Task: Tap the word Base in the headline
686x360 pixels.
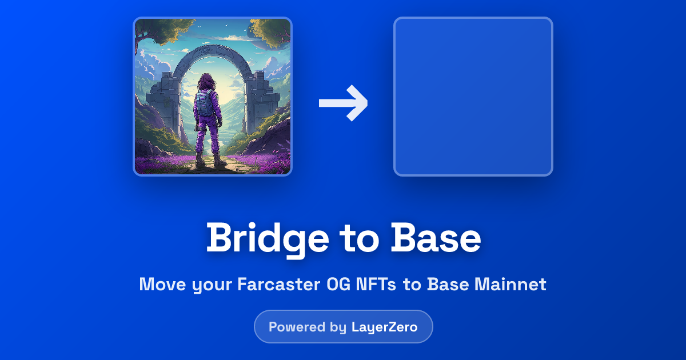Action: (x=436, y=238)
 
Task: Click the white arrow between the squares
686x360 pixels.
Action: (x=344, y=103)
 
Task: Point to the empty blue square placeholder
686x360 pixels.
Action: (x=473, y=97)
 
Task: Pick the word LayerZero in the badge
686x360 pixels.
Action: (x=384, y=327)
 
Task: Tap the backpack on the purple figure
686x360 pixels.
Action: (x=204, y=103)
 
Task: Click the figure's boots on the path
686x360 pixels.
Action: (x=208, y=162)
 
